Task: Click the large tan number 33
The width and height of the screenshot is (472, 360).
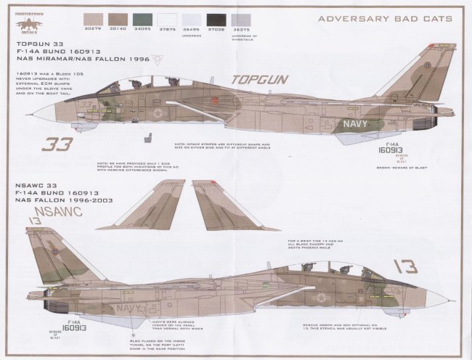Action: [58, 143]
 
